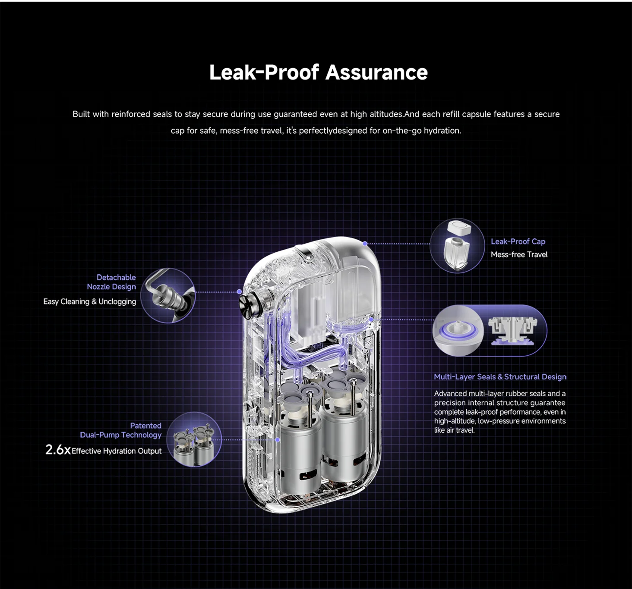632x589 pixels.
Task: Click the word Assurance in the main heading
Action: [376, 72]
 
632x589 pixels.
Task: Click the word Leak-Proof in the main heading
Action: [264, 72]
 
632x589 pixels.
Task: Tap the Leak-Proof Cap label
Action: [518, 241]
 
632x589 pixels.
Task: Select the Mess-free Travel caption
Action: [519, 254]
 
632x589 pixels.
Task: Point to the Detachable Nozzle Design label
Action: [111, 282]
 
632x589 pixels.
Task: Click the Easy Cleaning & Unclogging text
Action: [89, 301]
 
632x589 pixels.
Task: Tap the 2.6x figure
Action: [58, 450]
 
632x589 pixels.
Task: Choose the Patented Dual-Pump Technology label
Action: [120, 430]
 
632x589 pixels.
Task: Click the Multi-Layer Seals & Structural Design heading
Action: [500, 377]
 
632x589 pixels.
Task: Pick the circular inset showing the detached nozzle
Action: [168, 296]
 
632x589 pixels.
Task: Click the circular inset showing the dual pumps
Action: [194, 440]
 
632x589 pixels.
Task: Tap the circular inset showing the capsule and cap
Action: [457, 245]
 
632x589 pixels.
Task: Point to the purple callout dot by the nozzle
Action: [239, 291]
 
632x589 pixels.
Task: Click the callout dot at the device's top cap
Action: [365, 244]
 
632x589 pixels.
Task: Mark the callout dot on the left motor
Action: [278, 440]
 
